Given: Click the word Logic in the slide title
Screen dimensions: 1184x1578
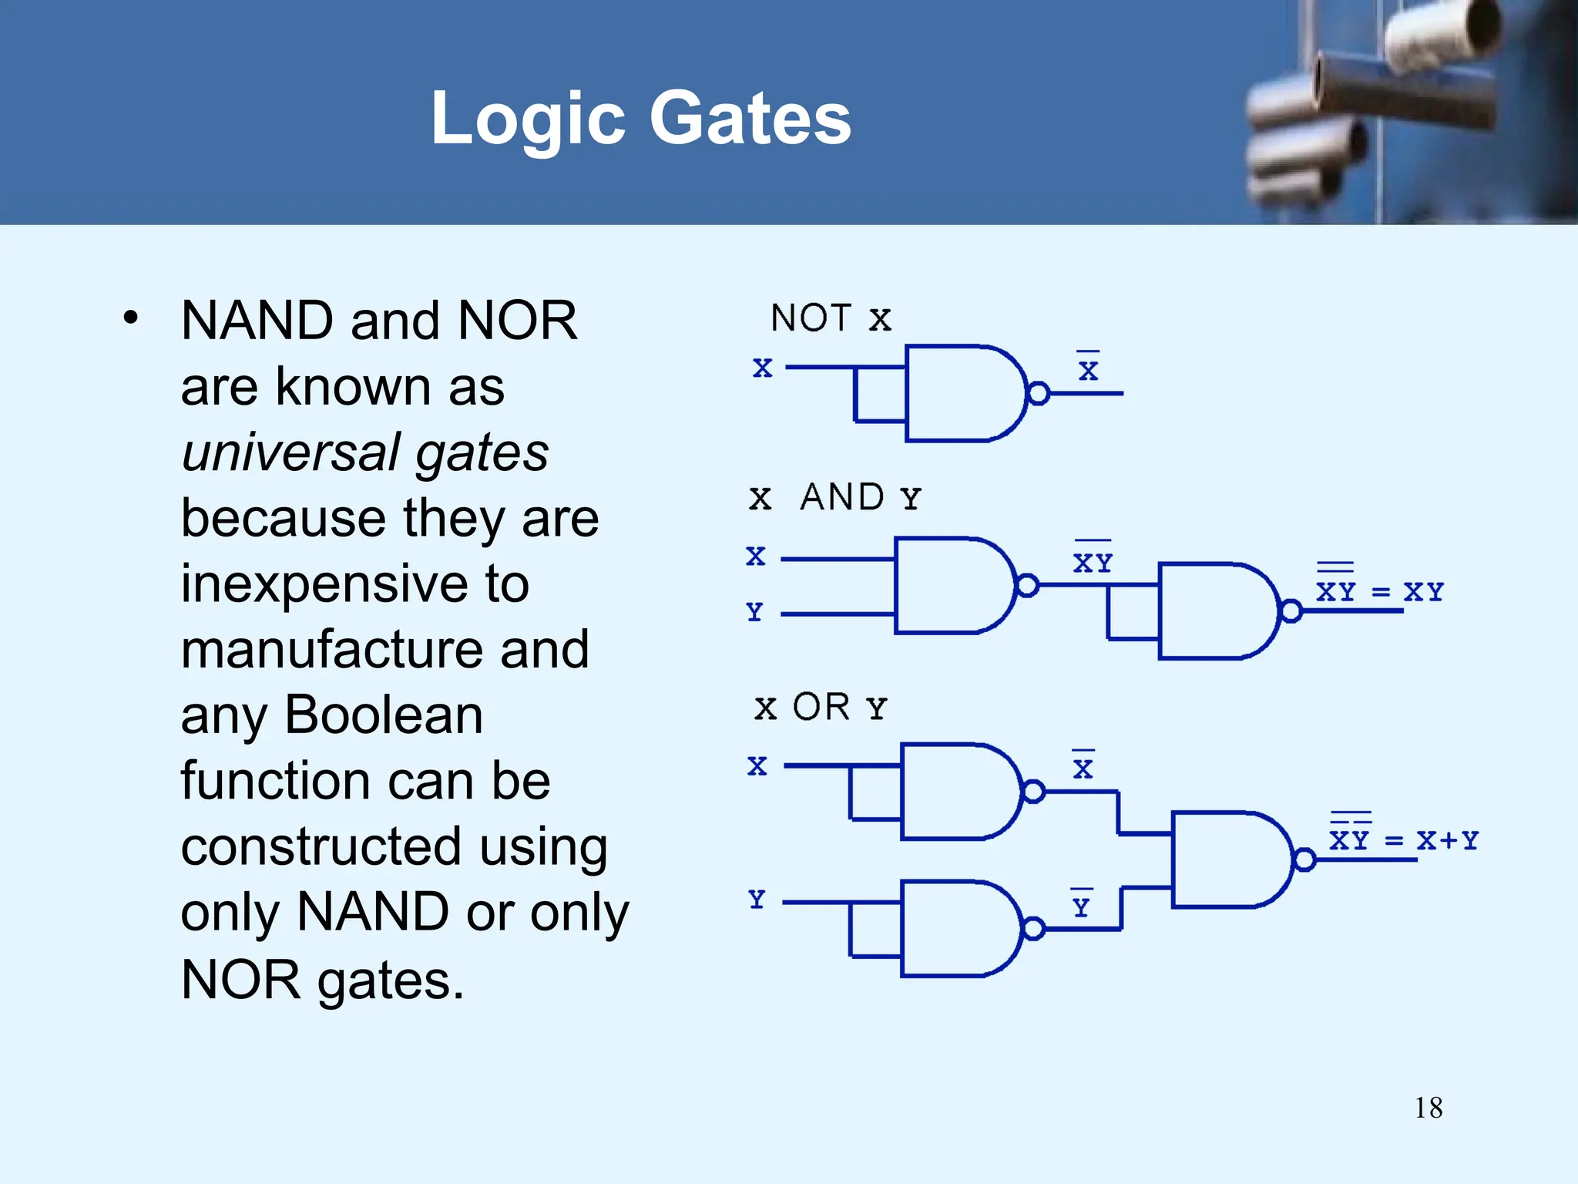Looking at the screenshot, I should coord(527,120).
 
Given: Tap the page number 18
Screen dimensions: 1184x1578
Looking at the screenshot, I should coord(1428,1108).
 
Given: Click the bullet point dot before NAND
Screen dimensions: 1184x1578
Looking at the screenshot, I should coord(131,318).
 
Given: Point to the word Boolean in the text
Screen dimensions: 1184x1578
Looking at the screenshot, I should coord(384,715).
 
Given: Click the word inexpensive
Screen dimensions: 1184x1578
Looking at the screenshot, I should coord(323,584).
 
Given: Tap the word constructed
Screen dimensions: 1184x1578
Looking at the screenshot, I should coord(321,846).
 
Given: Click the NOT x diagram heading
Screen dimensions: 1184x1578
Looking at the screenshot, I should coord(831,318).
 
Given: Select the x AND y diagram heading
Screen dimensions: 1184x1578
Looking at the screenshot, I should coord(834,497).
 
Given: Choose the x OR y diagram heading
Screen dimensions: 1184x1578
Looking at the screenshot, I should coord(821,708).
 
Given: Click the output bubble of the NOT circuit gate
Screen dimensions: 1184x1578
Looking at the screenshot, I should coord(1038,393).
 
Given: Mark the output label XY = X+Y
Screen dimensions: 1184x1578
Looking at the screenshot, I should coord(1403,839).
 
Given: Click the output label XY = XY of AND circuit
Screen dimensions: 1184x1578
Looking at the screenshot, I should coord(1379,590).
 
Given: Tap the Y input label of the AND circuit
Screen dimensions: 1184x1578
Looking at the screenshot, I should coord(754,612).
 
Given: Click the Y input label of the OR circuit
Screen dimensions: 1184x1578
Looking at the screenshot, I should coord(757,900).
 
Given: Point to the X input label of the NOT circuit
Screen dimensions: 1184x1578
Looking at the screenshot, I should coord(762,368).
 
